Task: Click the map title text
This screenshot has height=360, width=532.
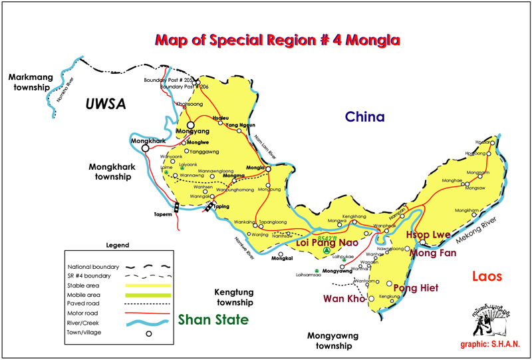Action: click(x=277, y=40)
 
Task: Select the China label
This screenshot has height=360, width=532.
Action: click(x=364, y=117)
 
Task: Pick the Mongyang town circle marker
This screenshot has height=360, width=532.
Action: click(x=190, y=124)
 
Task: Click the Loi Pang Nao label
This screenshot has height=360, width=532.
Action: click(x=327, y=244)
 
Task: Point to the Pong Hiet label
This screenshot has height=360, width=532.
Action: click(x=415, y=287)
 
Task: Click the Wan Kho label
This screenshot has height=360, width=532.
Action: click(x=344, y=299)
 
